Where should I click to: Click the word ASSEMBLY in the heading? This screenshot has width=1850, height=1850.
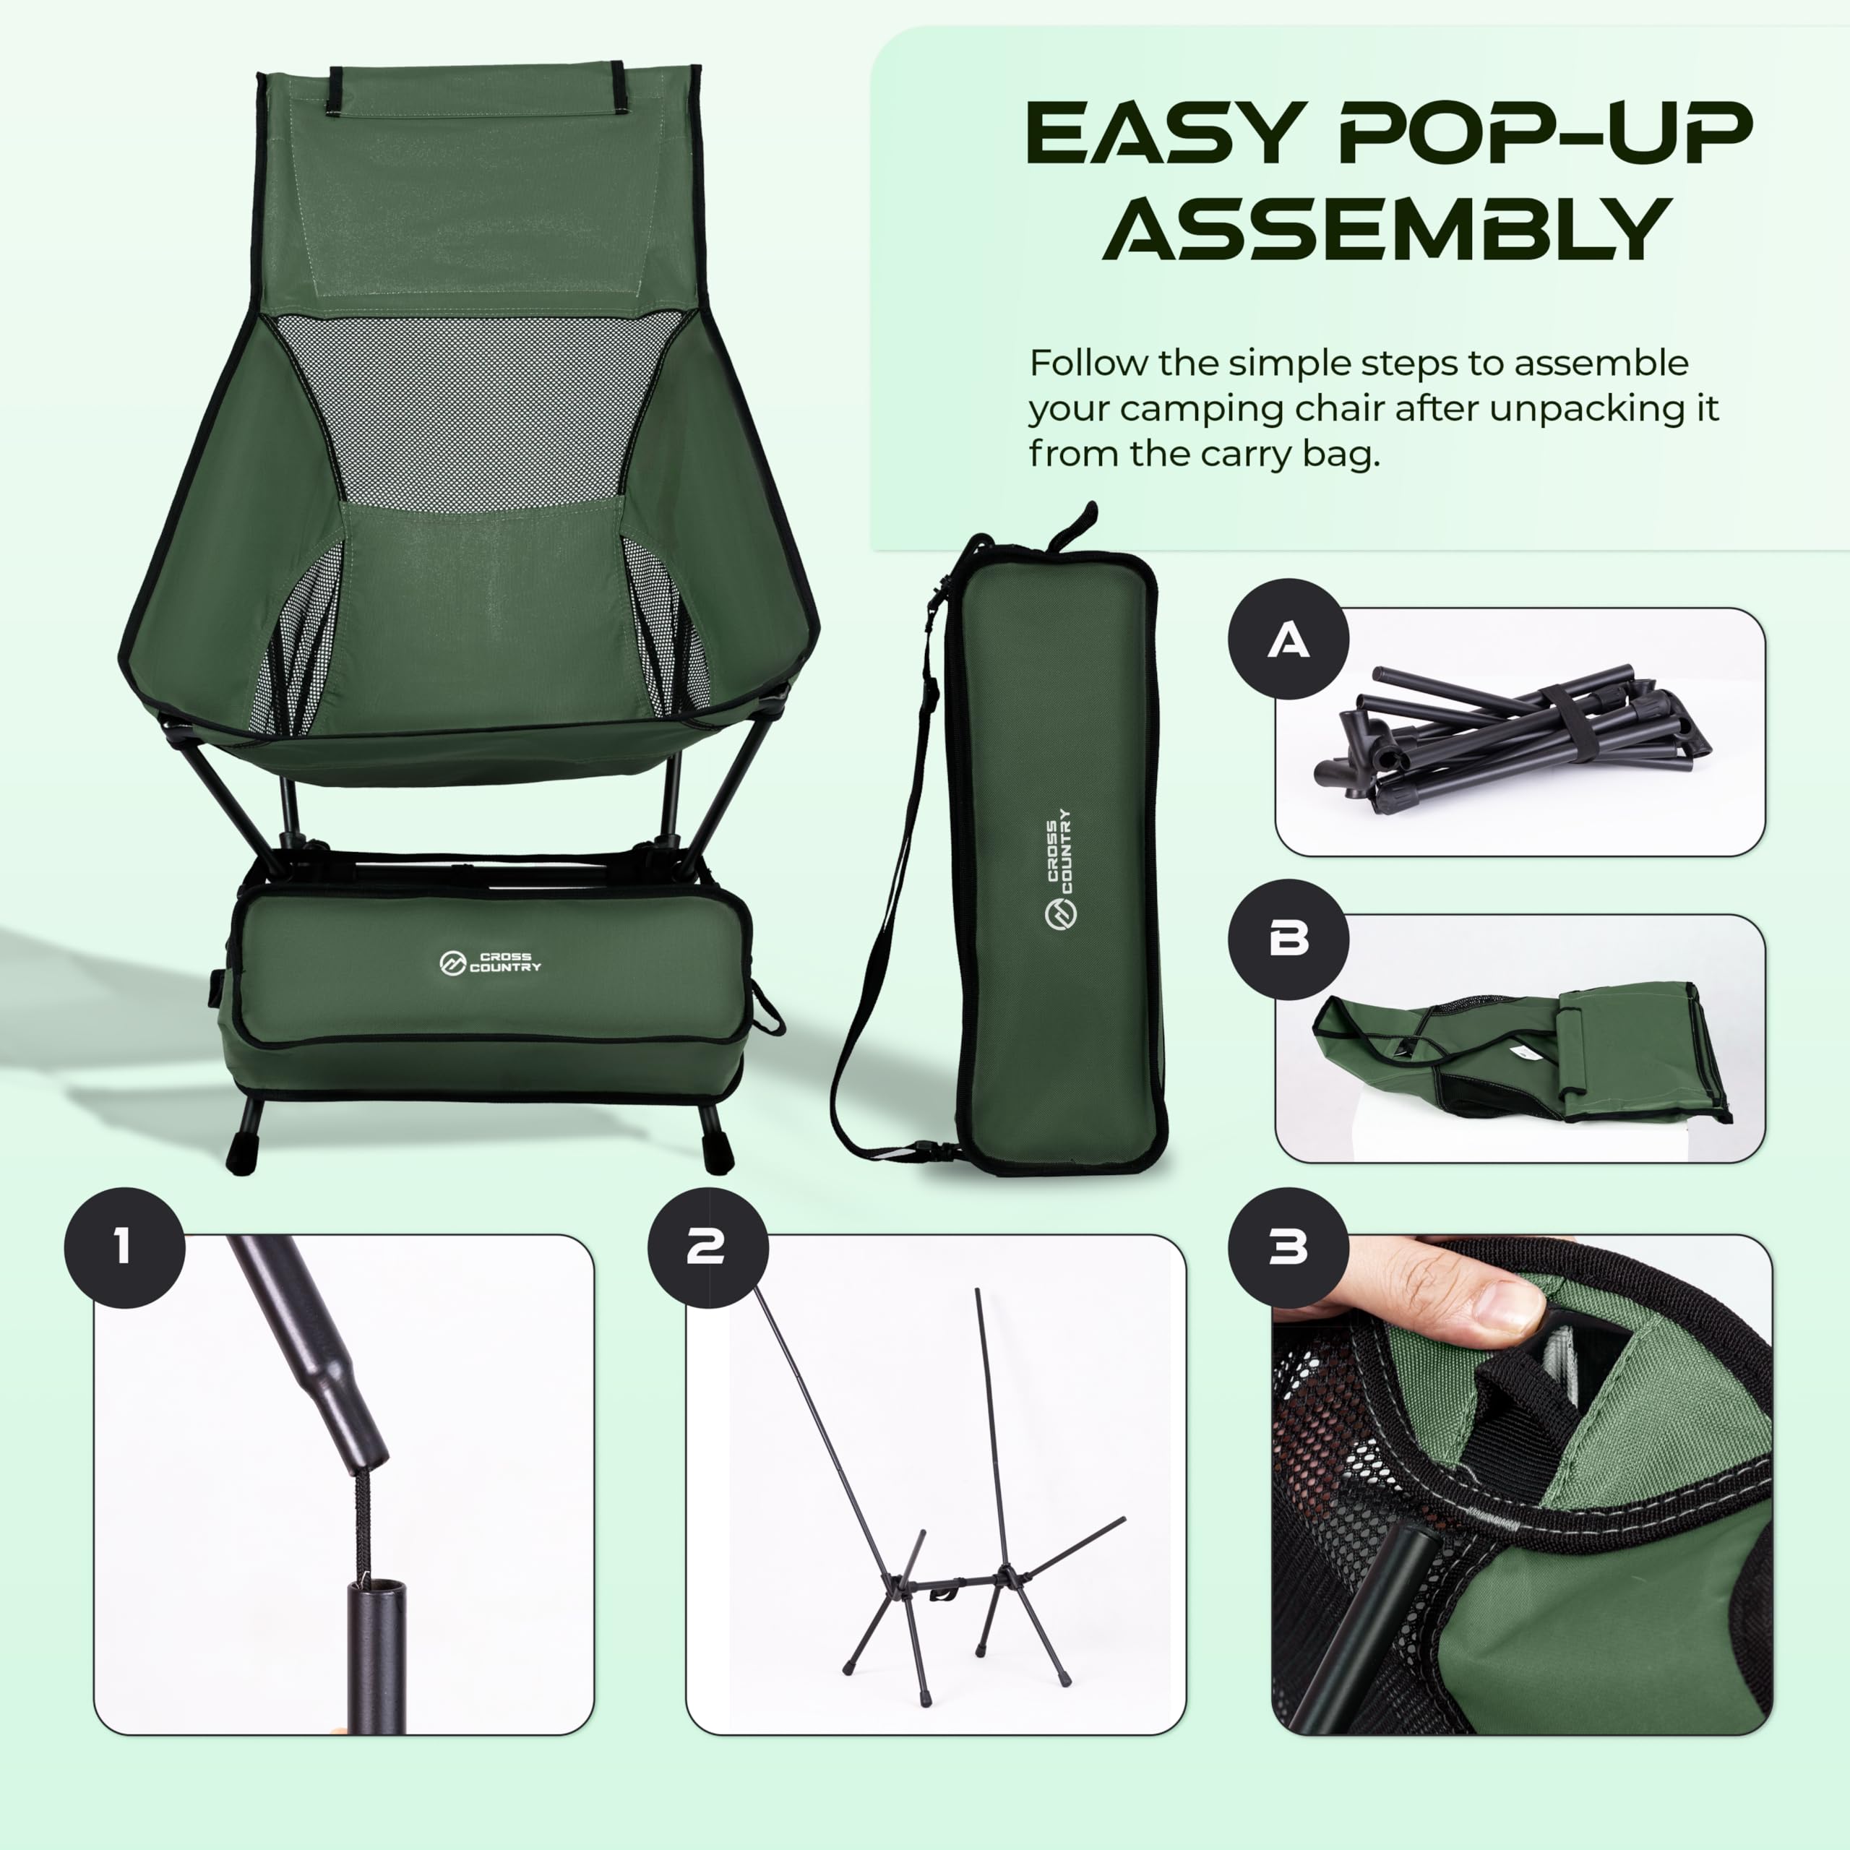click(x=1387, y=229)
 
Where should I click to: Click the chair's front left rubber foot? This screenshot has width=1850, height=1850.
click(x=241, y=1157)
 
